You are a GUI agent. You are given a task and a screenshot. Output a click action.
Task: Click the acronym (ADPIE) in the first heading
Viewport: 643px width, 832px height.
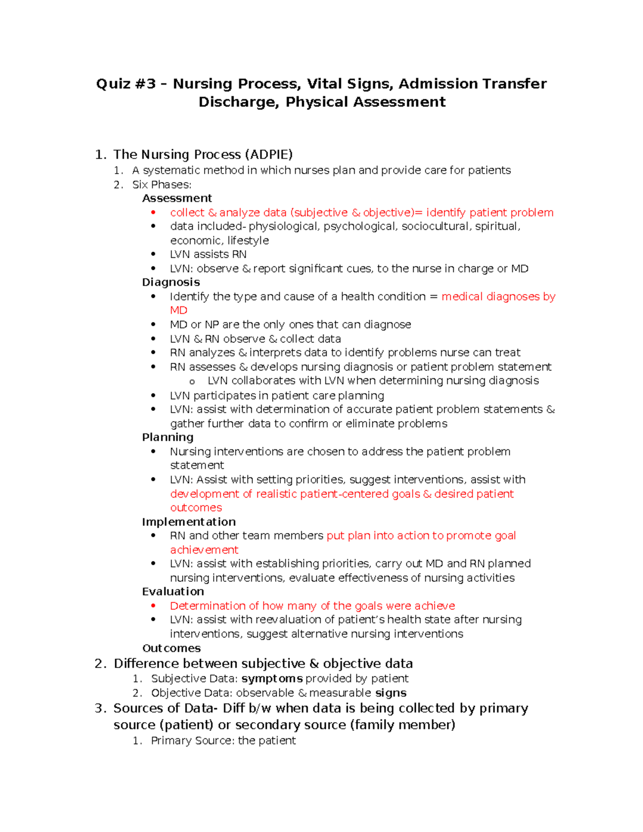point(268,155)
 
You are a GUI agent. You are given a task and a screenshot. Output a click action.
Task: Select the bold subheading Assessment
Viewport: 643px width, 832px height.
point(177,198)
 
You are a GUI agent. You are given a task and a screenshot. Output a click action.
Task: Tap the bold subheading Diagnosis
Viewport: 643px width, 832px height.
point(171,282)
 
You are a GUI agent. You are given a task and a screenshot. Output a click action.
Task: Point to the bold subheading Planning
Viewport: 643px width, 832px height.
point(168,437)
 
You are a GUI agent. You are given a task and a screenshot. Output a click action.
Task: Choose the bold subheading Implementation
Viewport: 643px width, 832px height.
point(189,522)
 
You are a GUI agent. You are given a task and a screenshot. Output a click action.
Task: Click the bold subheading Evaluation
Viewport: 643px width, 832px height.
point(173,591)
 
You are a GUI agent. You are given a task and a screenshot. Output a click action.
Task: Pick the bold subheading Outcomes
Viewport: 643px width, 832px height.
point(171,648)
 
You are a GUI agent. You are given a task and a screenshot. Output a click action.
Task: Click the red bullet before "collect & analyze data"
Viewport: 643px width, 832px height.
point(153,213)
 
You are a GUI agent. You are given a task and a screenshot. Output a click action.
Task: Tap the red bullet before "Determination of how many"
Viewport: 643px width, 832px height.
point(153,606)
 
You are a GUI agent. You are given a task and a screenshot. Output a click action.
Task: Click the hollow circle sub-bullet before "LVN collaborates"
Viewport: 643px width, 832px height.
point(192,381)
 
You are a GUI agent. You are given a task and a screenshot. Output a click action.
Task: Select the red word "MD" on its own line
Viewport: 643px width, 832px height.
point(178,311)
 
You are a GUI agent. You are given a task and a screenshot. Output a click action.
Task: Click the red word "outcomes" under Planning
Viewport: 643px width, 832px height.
point(196,508)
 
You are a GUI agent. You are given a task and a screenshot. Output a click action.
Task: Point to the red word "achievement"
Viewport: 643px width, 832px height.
point(204,550)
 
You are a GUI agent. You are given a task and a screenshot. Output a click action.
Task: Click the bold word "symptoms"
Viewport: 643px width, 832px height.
point(272,679)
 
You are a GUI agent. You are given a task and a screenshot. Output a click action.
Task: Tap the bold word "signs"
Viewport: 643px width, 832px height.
point(391,693)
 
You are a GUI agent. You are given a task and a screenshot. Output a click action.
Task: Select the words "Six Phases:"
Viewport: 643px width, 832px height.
point(162,185)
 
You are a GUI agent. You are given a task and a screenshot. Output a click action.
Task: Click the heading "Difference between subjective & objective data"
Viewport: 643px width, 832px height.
point(263,664)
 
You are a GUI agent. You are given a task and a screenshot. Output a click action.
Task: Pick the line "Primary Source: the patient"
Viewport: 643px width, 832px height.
point(223,741)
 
